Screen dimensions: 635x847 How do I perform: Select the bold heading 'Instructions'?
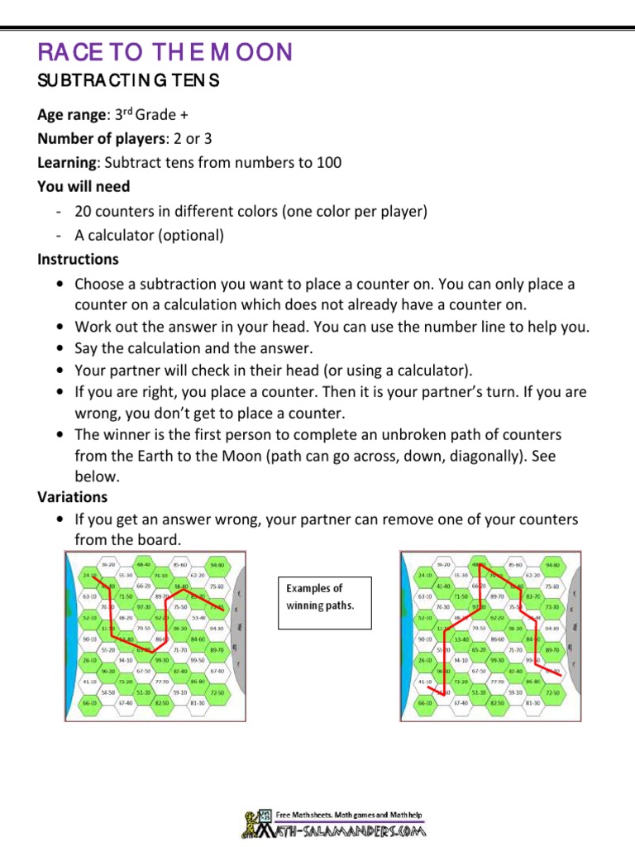click(x=78, y=259)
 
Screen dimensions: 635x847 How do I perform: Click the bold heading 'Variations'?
click(x=73, y=497)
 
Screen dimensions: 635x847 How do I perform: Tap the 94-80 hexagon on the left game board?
click(x=217, y=565)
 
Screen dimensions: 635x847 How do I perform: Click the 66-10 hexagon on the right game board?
click(x=425, y=703)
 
